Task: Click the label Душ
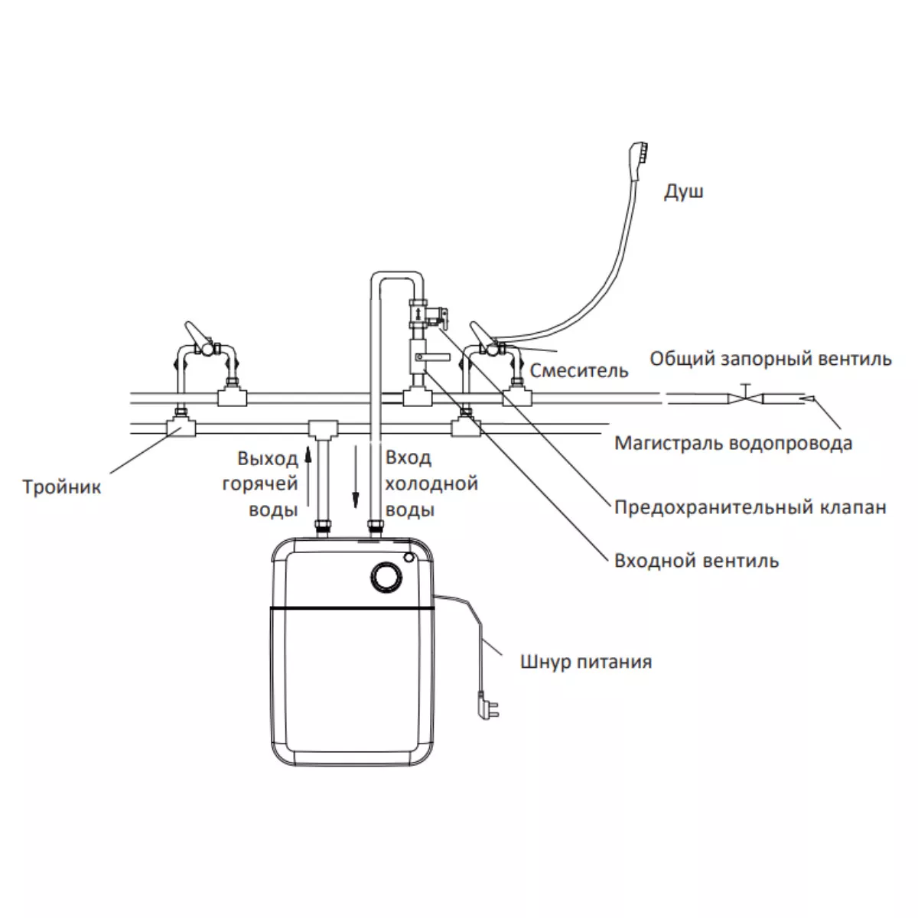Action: click(x=683, y=191)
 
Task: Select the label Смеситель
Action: click(x=579, y=370)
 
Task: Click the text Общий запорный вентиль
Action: click(x=770, y=359)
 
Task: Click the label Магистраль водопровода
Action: click(x=733, y=443)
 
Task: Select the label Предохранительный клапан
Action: click(x=750, y=507)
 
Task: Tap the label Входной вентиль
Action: click(x=696, y=561)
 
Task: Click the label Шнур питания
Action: click(x=586, y=662)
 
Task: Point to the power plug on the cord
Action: click(x=488, y=708)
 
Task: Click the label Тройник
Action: click(x=62, y=487)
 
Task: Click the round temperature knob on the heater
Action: click(x=386, y=578)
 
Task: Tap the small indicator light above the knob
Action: click(x=409, y=557)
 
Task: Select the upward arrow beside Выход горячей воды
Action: click(x=308, y=475)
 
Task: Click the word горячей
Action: click(x=260, y=484)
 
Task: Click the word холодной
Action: click(x=431, y=484)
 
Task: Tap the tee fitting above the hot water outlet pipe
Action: click(x=324, y=429)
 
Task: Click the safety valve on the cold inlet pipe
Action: click(x=428, y=314)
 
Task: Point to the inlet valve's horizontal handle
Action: click(x=432, y=356)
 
